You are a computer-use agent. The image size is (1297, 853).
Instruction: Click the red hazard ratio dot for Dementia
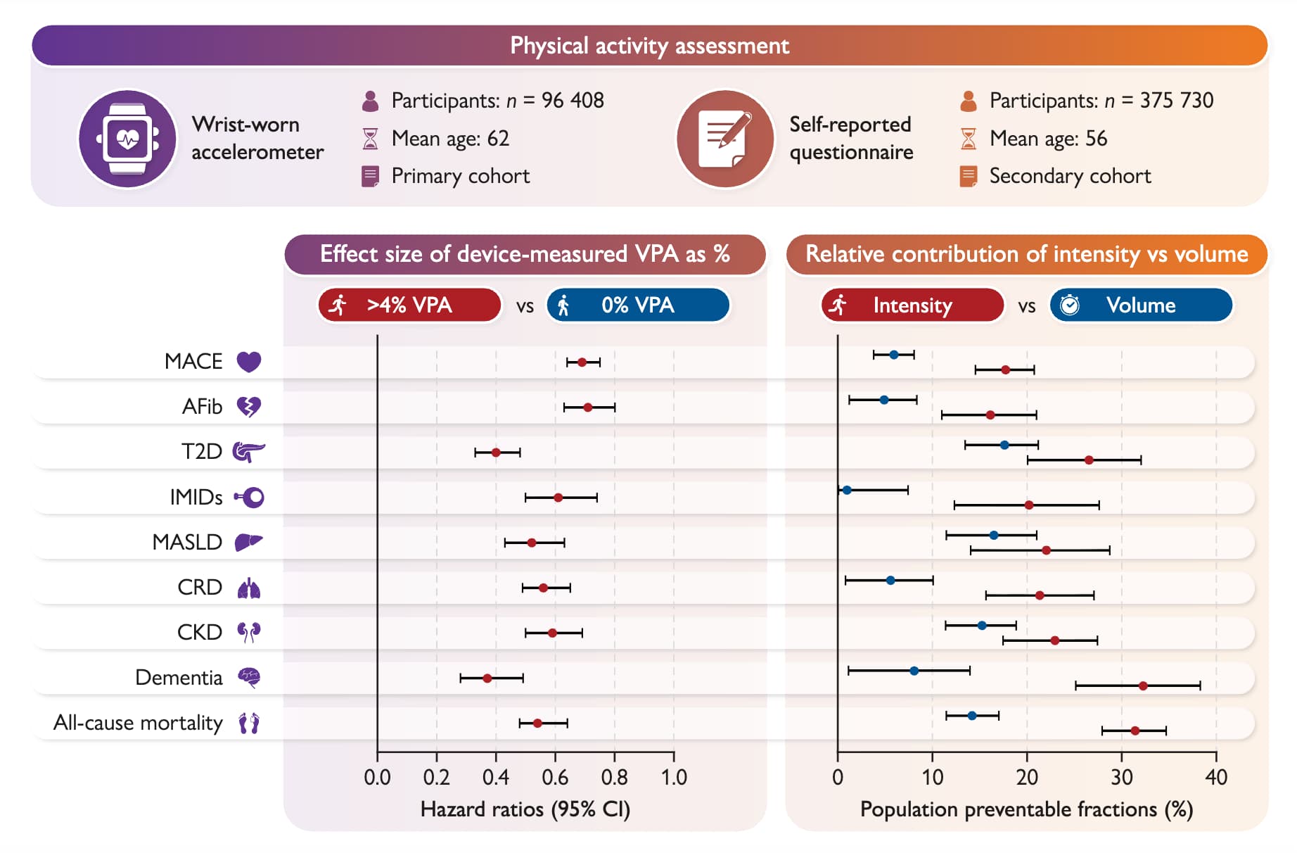[487, 678]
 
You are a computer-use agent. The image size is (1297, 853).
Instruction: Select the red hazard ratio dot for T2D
[496, 453]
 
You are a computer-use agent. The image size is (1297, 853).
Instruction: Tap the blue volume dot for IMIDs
[847, 491]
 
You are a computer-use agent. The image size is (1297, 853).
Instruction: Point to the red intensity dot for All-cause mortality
[1135, 731]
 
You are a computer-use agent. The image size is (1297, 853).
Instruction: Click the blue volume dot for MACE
[894, 355]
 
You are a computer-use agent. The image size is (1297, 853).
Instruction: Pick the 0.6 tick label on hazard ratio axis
[555, 778]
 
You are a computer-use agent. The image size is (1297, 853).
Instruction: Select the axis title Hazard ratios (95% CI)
[525, 809]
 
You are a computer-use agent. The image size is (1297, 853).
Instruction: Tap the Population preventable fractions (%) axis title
[1026, 809]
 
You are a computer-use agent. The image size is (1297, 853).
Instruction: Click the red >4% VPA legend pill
[409, 305]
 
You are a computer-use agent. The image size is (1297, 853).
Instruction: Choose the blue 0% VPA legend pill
[638, 305]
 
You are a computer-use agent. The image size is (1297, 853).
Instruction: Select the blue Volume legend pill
[1141, 305]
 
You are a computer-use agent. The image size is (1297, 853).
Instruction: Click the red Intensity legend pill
[912, 305]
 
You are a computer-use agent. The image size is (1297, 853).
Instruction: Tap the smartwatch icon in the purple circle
[127, 139]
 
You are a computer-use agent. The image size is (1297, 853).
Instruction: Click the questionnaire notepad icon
[724, 139]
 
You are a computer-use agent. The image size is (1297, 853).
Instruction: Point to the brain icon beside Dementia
[249, 678]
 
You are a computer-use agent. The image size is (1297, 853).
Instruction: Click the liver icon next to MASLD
[248, 542]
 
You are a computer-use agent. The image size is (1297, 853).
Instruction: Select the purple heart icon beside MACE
[249, 362]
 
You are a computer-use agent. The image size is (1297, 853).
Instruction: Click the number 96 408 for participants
[573, 101]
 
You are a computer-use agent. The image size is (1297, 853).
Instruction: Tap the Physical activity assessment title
[649, 46]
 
